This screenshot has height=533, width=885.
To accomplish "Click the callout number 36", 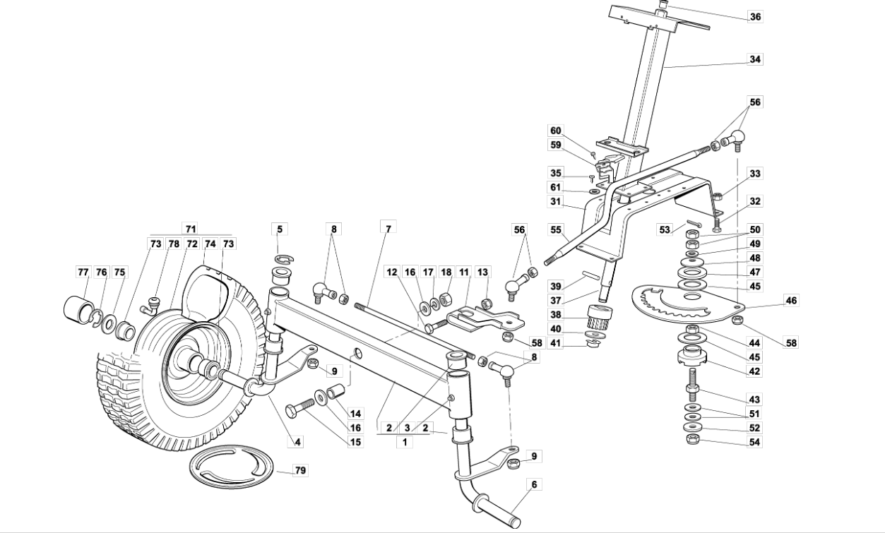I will coord(756,16).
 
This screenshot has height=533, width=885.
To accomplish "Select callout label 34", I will coord(756,59).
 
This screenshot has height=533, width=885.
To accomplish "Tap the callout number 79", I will coord(301,470).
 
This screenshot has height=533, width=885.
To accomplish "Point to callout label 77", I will coord(83,272).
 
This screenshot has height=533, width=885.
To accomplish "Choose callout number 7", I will coord(387,228).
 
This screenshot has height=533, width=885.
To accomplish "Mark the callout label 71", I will coord(191,228).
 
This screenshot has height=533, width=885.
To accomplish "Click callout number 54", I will coord(755,442).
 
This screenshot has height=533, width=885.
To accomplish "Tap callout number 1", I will coord(404,442).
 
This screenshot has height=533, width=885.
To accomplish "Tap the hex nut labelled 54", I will coord(693,440).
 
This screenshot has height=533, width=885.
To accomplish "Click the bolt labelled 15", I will coord(300,410).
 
